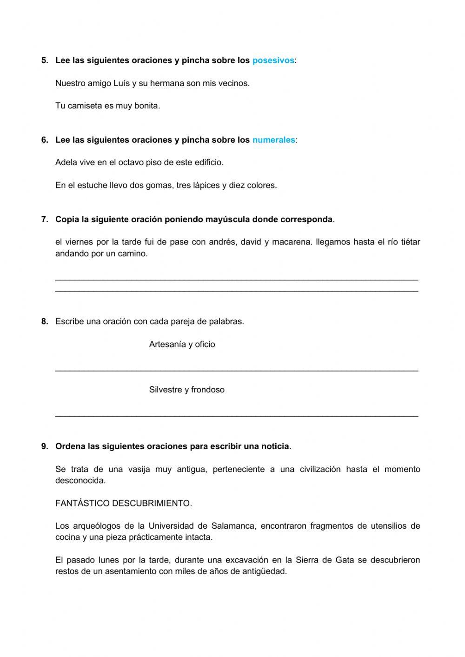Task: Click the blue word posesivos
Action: point(273,60)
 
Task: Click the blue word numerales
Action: point(273,140)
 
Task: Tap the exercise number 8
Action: point(45,321)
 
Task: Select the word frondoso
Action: point(208,390)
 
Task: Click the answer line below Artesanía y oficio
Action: point(236,370)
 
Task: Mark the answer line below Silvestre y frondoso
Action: point(236,415)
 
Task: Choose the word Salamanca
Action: point(233,526)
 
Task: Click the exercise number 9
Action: point(45,446)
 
